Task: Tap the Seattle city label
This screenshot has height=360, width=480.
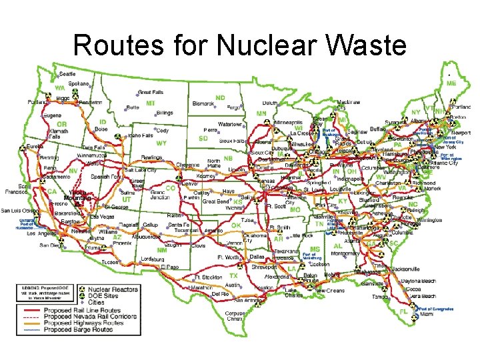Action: [x=67, y=73]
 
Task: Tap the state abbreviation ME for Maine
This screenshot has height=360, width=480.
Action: [x=451, y=83]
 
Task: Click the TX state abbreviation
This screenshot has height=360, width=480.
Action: [x=233, y=275]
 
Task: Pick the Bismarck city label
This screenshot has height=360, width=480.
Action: [x=203, y=104]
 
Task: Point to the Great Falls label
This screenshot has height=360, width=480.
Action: [x=150, y=92]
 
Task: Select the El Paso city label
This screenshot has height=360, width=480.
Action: [x=169, y=267]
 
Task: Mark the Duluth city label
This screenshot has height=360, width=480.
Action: [x=269, y=103]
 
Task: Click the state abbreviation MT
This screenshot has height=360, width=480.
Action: [x=151, y=103]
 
